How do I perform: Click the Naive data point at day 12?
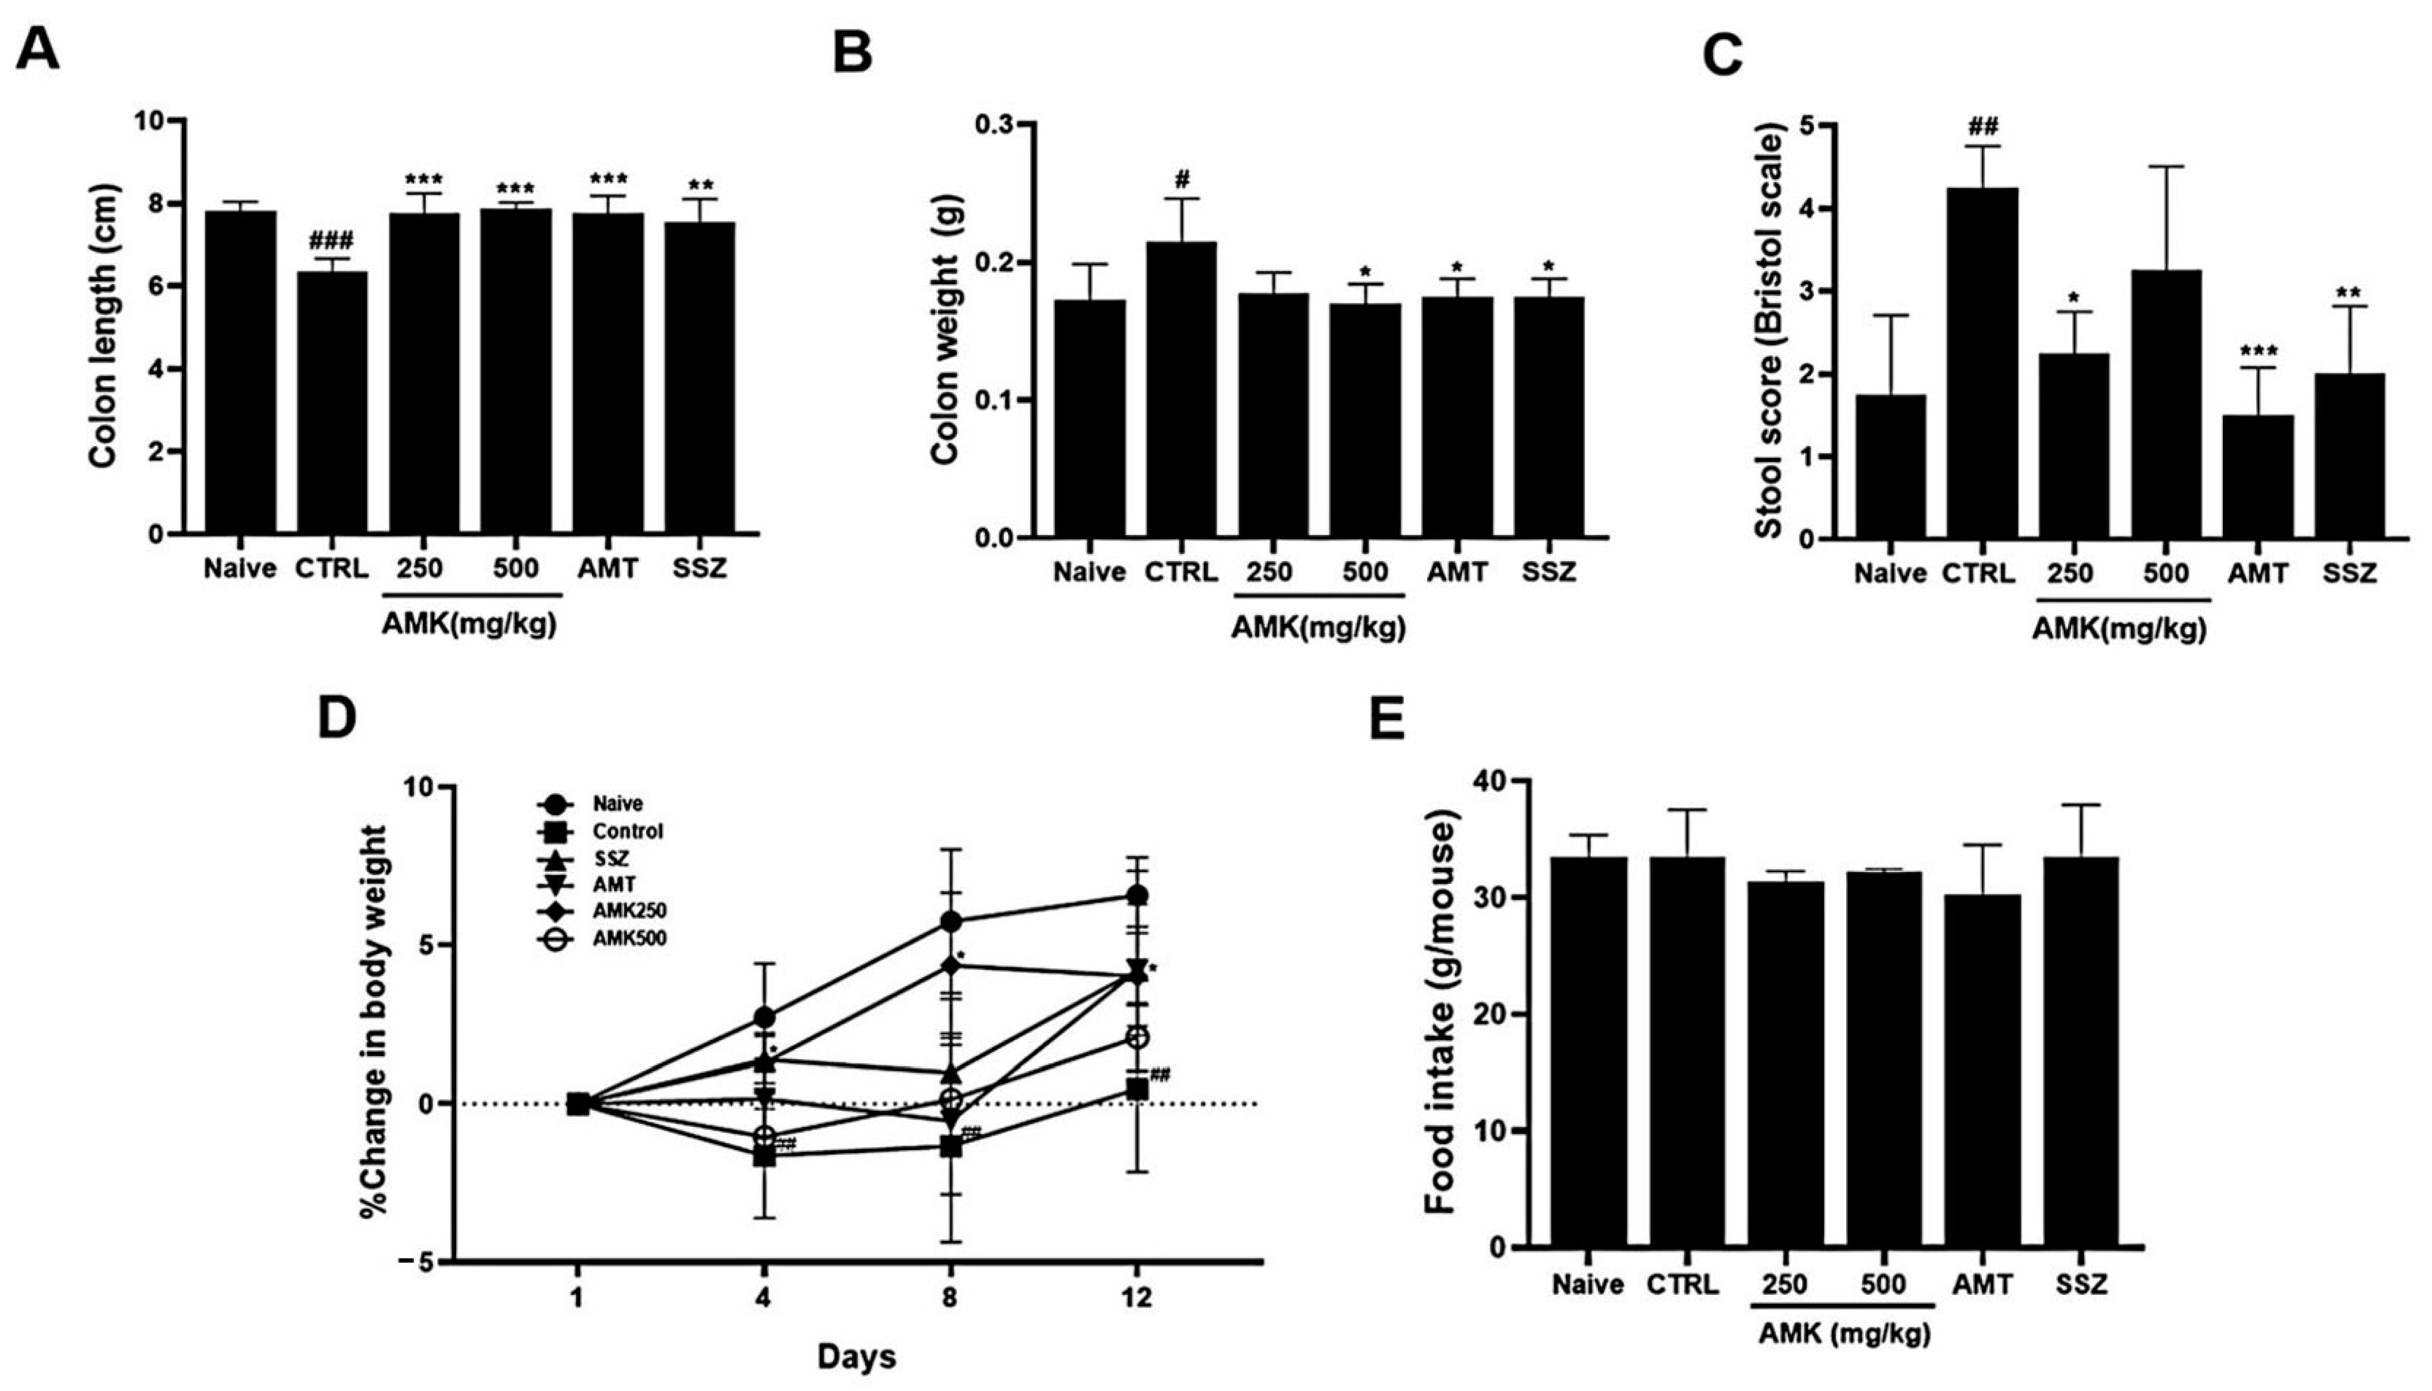tap(1136, 895)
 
